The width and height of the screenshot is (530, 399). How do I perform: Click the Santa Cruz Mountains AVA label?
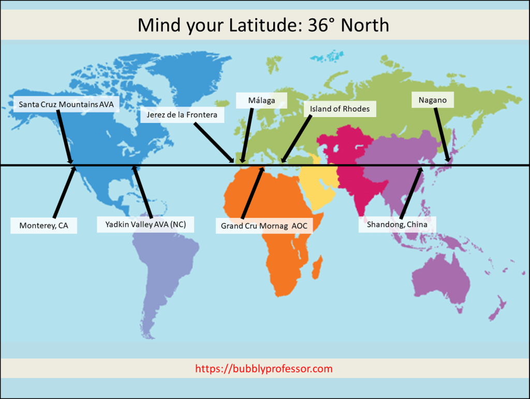(65, 104)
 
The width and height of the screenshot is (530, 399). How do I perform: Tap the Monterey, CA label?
(44, 225)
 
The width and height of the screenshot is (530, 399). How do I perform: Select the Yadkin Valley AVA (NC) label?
(145, 224)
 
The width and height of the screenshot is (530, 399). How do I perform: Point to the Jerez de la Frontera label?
(182, 115)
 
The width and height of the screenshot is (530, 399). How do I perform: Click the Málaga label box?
(261, 100)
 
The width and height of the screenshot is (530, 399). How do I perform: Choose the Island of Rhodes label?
(340, 109)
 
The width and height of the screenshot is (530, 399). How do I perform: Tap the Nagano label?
(433, 99)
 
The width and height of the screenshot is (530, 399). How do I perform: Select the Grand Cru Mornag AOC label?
(264, 225)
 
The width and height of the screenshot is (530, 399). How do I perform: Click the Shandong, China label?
(397, 224)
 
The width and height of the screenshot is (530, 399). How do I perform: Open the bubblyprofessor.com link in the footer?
(264, 369)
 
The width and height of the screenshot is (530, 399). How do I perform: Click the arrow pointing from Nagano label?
(442, 135)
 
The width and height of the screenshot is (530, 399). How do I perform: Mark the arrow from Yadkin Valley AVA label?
(142, 192)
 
